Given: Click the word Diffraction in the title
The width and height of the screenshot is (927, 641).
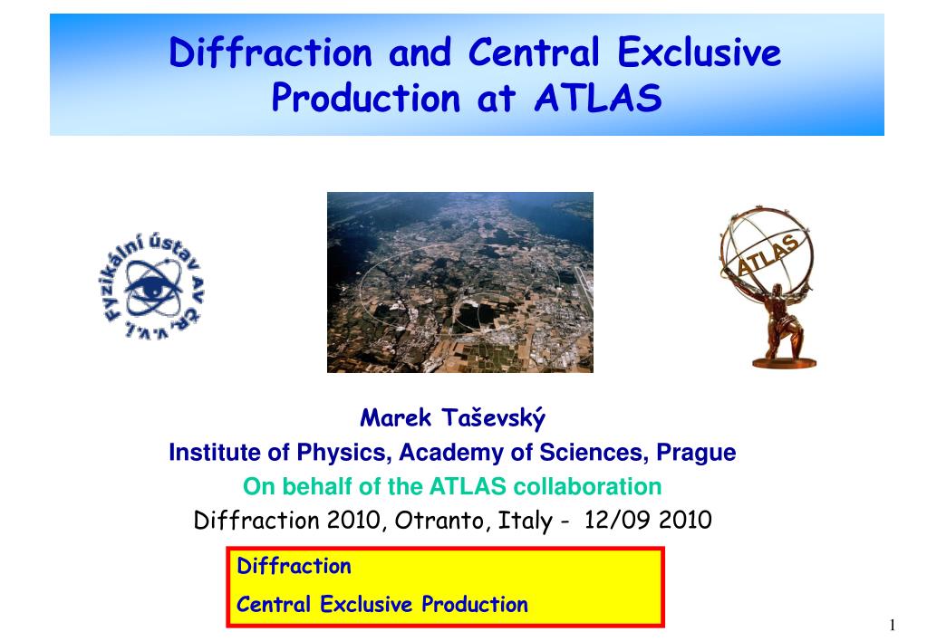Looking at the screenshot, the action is pos(271,52).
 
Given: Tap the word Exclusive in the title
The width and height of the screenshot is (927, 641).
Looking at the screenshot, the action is pos(700,52).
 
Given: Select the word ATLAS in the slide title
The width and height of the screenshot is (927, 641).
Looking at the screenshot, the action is pos(598,98).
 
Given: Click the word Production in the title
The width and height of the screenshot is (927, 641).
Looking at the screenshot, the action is pos(365,98).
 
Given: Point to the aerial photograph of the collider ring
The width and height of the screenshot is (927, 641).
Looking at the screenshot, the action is pos(460,282).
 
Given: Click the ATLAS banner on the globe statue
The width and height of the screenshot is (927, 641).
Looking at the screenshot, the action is pos(767,254).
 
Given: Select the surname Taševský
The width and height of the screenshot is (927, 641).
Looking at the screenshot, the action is pos(493,418).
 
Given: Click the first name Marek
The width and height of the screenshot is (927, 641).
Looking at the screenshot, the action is pos(395,417).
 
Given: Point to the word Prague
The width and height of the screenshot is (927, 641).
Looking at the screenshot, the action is pos(696,453).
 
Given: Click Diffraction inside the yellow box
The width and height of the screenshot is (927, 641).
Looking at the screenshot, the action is pos(294,566).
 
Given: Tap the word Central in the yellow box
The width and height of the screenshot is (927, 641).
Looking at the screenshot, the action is pos(273,605).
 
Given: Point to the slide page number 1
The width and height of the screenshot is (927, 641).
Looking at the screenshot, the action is pos(893,625).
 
